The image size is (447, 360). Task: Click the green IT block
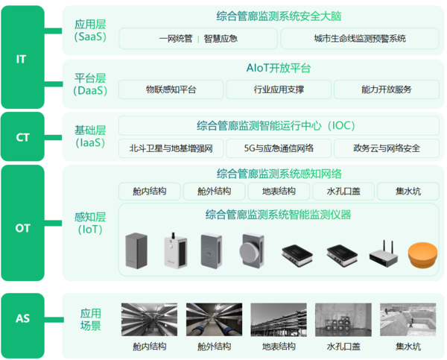pyautogui.click(x=23, y=57)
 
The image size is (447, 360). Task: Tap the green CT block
pyautogui.click(x=23, y=136)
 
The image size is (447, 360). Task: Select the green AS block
pyautogui.click(x=23, y=326)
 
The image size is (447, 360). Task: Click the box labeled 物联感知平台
pyautogui.click(x=171, y=89)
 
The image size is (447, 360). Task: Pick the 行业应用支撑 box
pyautogui.click(x=279, y=89)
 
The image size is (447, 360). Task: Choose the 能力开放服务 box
pyautogui.click(x=386, y=89)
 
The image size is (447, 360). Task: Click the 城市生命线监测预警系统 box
pyautogui.click(x=360, y=39)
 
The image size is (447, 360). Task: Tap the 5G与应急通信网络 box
pyautogui.click(x=279, y=148)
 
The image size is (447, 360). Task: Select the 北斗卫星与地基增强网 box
pyautogui.click(x=171, y=148)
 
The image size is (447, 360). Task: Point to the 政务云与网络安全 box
pyautogui.click(x=386, y=148)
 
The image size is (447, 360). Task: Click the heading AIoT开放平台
pyautogui.click(x=279, y=68)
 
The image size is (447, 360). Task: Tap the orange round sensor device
pyautogui.click(x=422, y=255)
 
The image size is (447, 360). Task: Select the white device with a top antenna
pyautogui.click(x=176, y=250)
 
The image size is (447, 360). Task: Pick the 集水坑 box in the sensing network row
pyautogui.click(x=408, y=191)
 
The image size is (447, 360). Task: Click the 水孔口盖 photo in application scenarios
pyautogui.click(x=343, y=320)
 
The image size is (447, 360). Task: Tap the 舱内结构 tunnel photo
pyautogui.click(x=149, y=320)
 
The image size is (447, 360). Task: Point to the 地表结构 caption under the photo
pyautogui.click(x=279, y=347)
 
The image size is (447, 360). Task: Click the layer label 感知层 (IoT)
pyautogui.click(x=90, y=224)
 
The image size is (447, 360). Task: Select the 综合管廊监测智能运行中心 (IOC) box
pyautogui.click(x=279, y=125)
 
